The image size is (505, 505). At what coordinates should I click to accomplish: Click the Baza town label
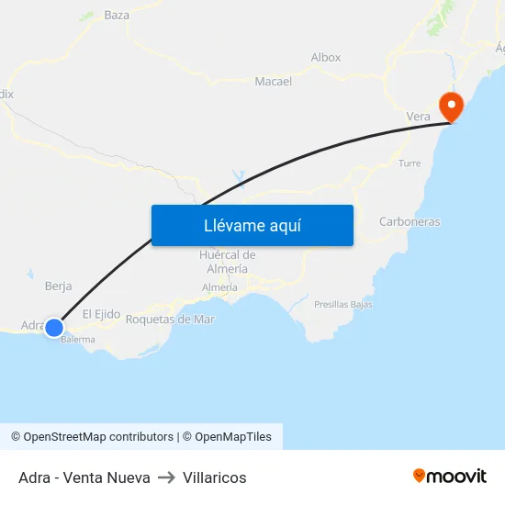pyautogui.click(x=117, y=15)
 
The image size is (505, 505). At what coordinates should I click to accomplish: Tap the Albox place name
pyautogui.click(x=325, y=57)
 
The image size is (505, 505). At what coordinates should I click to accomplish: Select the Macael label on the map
pyautogui.click(x=273, y=81)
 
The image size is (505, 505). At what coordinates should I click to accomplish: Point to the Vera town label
pyautogui.click(x=418, y=117)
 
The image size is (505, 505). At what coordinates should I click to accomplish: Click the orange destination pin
pyautogui.click(x=451, y=106)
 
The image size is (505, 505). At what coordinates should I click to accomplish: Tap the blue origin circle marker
pyautogui.click(x=54, y=327)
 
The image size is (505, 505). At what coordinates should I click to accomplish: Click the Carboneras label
pyautogui.click(x=410, y=221)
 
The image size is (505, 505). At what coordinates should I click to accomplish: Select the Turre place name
pyautogui.click(x=410, y=163)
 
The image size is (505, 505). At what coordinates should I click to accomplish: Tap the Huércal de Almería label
pyautogui.click(x=227, y=262)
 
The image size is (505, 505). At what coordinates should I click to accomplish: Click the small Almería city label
pyautogui.click(x=219, y=287)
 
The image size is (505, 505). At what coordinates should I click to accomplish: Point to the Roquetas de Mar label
pyautogui.click(x=170, y=319)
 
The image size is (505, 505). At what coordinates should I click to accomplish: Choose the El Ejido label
pyautogui.click(x=101, y=314)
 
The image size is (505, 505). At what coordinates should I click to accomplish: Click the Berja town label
pyautogui.click(x=58, y=286)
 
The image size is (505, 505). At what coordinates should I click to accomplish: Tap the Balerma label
pyautogui.click(x=78, y=339)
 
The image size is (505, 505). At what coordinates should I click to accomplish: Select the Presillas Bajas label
pyautogui.click(x=342, y=304)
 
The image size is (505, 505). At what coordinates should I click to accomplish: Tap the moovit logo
pyautogui.click(x=449, y=476)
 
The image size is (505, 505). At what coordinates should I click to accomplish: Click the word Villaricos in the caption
pyautogui.click(x=214, y=477)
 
